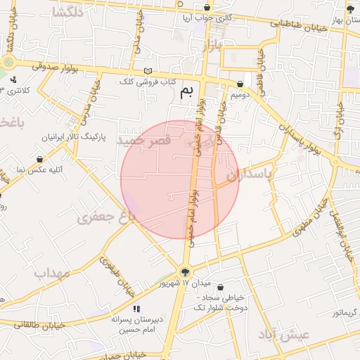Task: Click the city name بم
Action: pos(186,92)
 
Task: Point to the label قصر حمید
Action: pos(144,141)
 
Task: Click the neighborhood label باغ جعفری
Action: pos(105,218)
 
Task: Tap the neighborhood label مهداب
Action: pos(52,273)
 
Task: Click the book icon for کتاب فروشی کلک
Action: pos(147,71)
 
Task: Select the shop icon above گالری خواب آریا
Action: pos(206,7)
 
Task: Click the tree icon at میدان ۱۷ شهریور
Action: pos(185,272)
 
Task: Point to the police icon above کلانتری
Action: pos(13,79)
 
